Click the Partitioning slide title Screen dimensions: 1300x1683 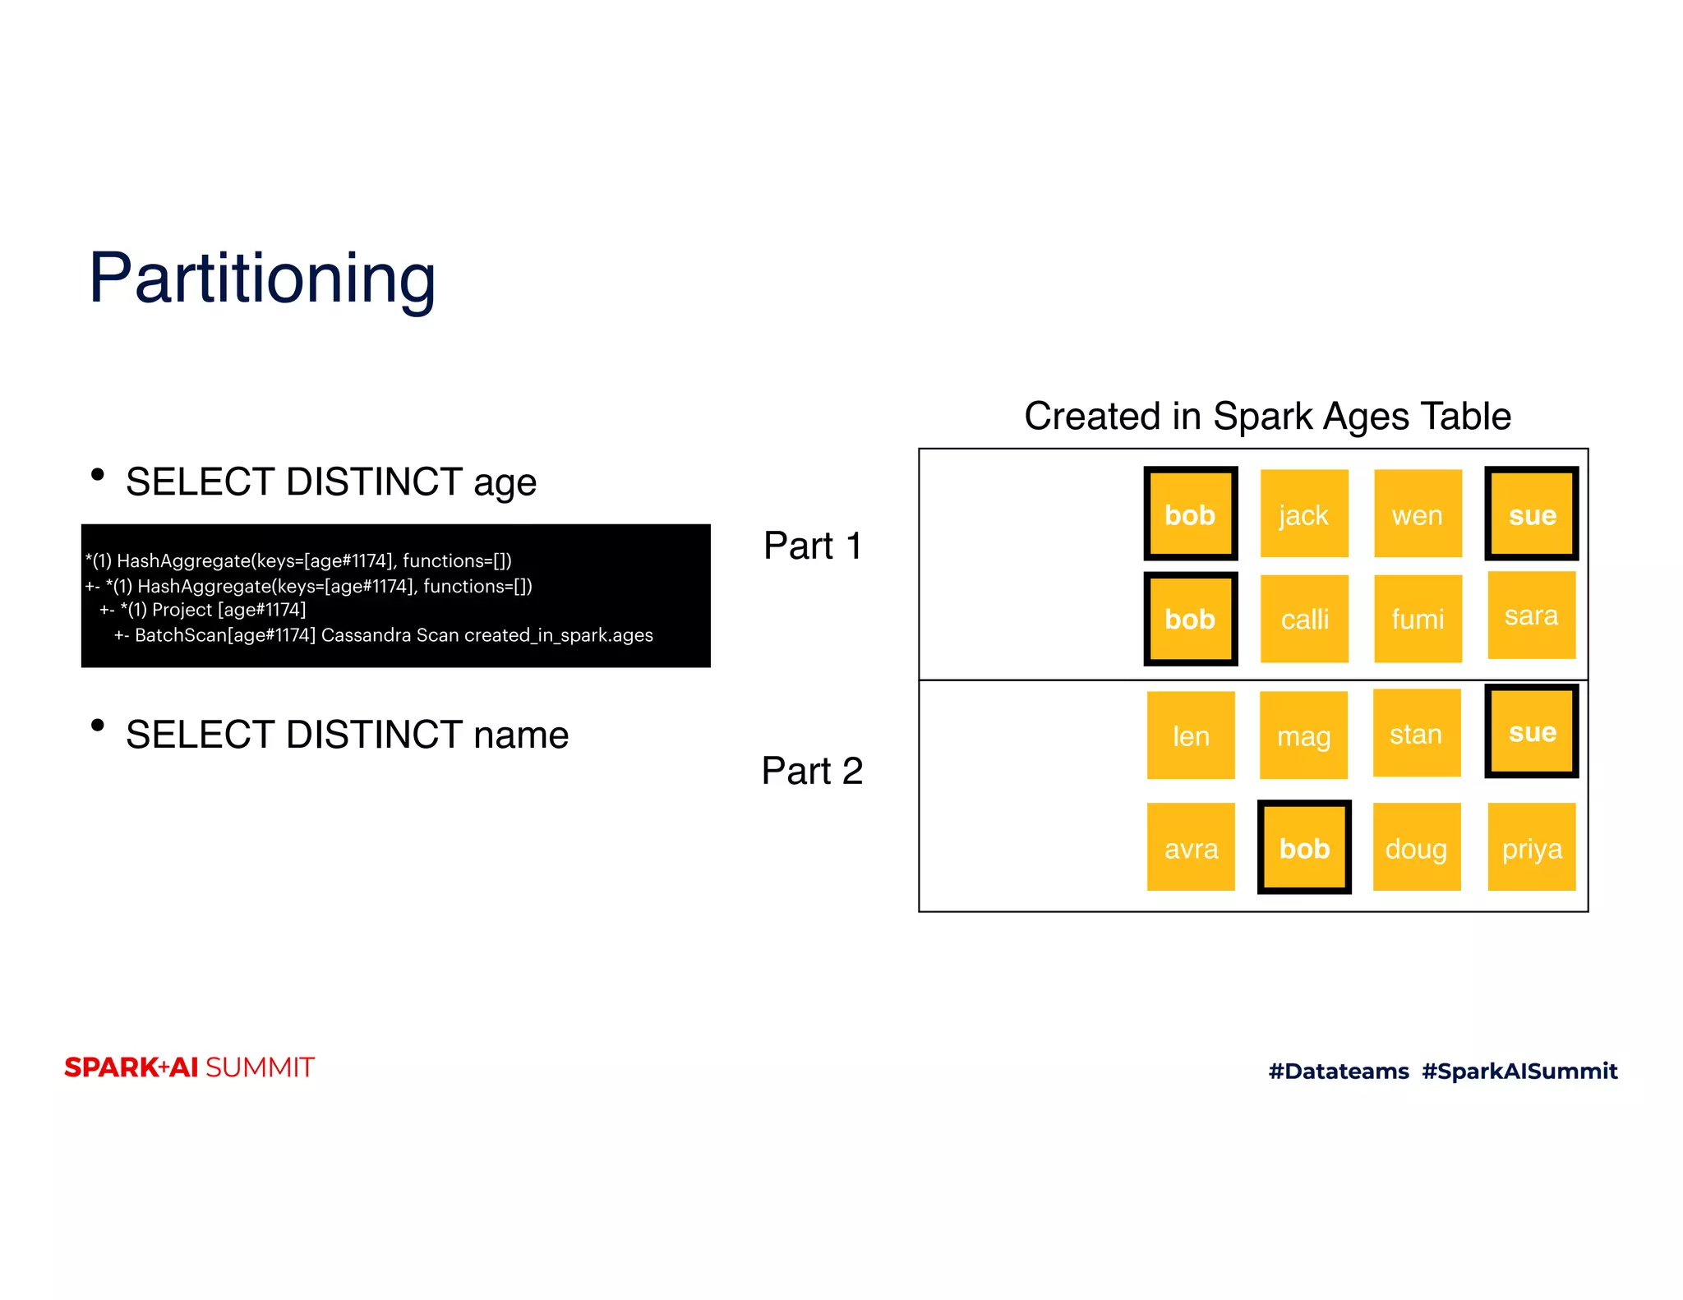tap(262, 279)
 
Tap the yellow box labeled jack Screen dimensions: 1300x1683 tap(1303, 514)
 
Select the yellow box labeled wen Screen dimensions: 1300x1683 tap(1417, 514)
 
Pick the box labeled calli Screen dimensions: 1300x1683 tap(1303, 618)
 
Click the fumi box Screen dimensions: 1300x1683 tap(1417, 618)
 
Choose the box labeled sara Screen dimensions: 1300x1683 tap(1531, 615)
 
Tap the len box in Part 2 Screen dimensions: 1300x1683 tap(1190, 735)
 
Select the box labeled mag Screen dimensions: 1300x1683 tap(1303, 735)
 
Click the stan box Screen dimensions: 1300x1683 tap(1416, 733)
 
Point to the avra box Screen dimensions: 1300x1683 tap(1190, 847)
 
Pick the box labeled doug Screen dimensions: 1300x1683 tap(1416, 847)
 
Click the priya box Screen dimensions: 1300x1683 tap(1531, 847)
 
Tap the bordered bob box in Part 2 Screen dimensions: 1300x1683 tap(1304, 847)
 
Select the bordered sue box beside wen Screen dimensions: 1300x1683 tap(1531, 514)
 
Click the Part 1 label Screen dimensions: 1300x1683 tap(813, 546)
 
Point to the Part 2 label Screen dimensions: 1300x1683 tap(812, 771)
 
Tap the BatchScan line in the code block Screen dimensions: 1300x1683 tap(384, 635)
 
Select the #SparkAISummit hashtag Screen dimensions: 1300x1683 tap(1519, 1071)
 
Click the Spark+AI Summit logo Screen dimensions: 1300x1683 tap(190, 1067)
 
